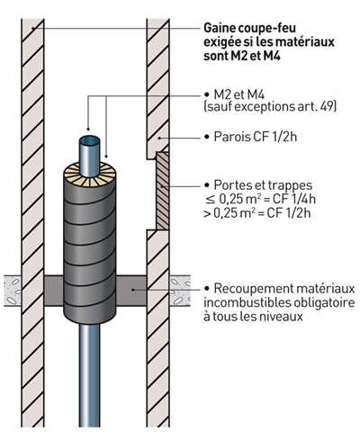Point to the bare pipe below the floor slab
[x=90, y=378]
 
